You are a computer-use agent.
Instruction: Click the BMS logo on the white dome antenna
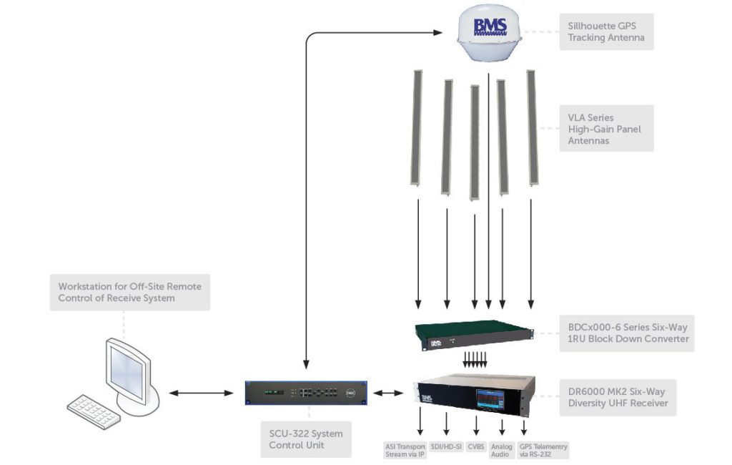pyautogui.click(x=490, y=27)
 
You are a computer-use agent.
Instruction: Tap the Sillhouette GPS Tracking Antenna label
pyautogui.click(x=606, y=31)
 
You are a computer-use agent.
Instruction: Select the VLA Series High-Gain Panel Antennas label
pyautogui.click(x=606, y=129)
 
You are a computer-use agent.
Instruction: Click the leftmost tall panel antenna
pyautogui.click(x=417, y=128)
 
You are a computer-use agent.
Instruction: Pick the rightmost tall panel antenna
pyautogui.click(x=532, y=127)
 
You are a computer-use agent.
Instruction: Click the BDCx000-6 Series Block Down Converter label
pyautogui.click(x=627, y=333)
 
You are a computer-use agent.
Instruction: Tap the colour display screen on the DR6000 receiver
pyautogui.click(x=490, y=401)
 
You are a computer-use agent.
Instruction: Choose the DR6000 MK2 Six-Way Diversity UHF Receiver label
pyautogui.click(x=618, y=398)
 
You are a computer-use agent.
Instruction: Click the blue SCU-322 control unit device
pyautogui.click(x=306, y=393)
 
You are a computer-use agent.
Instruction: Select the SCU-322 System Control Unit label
pyautogui.click(x=306, y=439)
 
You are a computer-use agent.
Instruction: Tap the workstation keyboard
pyautogui.click(x=94, y=412)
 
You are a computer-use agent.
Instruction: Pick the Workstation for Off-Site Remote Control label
pyautogui.click(x=130, y=293)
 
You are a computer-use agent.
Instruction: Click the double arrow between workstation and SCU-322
pyautogui.click(x=201, y=393)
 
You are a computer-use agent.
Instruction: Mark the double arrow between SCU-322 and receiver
pyautogui.click(x=388, y=393)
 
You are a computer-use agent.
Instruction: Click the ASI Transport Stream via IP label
pyautogui.click(x=405, y=451)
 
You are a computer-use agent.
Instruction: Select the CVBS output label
pyautogui.click(x=476, y=447)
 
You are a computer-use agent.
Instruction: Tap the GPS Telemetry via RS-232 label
pyautogui.click(x=543, y=451)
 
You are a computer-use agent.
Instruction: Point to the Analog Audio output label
pyautogui.click(x=501, y=451)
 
